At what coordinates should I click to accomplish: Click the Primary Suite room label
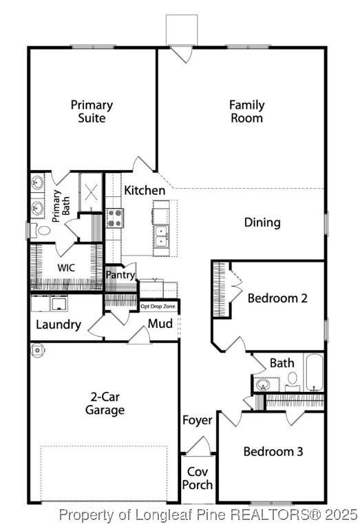pyautogui.click(x=92, y=112)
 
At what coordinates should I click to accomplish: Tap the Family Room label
pyautogui.click(x=246, y=112)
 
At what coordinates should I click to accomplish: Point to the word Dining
pyautogui.click(x=262, y=222)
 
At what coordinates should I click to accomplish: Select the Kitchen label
pyautogui.click(x=145, y=190)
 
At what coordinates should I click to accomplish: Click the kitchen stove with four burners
pyautogui.click(x=115, y=218)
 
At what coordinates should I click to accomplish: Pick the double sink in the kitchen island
pyautogui.click(x=162, y=236)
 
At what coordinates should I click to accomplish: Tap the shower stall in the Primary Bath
pyautogui.click(x=91, y=192)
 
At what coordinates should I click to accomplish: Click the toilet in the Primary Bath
pyautogui.click(x=41, y=230)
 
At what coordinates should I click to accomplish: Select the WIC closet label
pyautogui.click(x=66, y=268)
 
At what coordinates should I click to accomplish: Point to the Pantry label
pyautogui.click(x=120, y=275)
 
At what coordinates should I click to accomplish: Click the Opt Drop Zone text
pyautogui.click(x=158, y=307)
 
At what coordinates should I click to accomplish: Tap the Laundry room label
pyautogui.click(x=59, y=324)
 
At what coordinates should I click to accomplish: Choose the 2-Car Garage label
pyautogui.click(x=105, y=404)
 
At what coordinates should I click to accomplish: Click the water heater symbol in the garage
pyautogui.click(x=37, y=350)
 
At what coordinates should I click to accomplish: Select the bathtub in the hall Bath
pyautogui.click(x=314, y=373)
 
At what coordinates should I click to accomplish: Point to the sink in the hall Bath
pyautogui.click(x=263, y=384)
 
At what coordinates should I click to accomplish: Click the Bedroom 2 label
pyautogui.click(x=277, y=298)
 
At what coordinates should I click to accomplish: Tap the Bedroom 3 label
pyautogui.click(x=273, y=452)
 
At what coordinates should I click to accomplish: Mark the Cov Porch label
pyautogui.click(x=198, y=479)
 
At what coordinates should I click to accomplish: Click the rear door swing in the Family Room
pyautogui.click(x=182, y=54)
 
